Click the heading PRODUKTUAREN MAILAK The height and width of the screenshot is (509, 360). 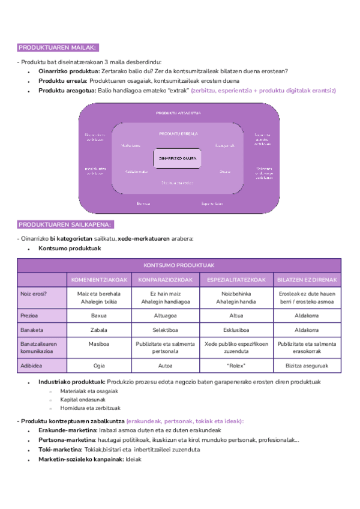57,47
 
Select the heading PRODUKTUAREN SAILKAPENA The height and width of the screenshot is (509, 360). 65,224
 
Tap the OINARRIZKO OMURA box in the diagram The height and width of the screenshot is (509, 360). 178,158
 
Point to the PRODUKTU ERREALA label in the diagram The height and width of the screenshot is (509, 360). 178,134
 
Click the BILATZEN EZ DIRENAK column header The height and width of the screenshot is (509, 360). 307,280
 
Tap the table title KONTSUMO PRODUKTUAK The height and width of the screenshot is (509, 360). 179,265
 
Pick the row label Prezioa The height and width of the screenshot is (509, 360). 31,315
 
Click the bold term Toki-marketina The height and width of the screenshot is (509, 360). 60,450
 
